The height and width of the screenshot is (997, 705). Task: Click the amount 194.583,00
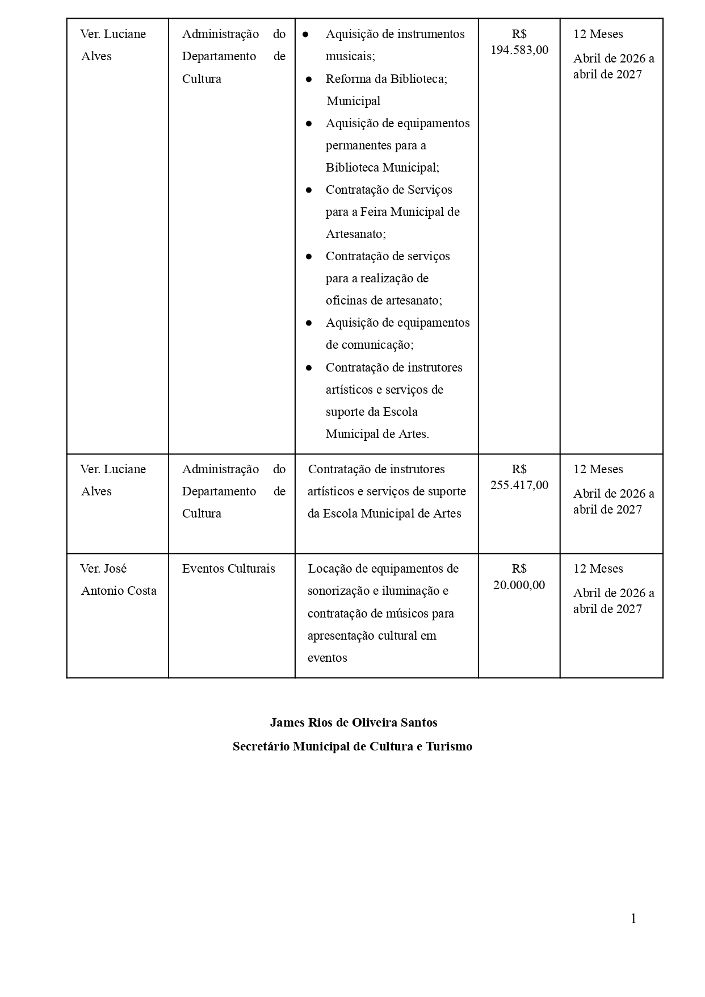point(519,50)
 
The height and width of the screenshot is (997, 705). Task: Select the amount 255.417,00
point(519,485)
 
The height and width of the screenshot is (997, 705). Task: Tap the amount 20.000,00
point(519,585)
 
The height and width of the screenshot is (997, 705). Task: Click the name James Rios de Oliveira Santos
point(353,723)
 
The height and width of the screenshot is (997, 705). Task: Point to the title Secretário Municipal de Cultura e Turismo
point(352,746)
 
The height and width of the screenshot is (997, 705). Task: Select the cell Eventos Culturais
point(228,569)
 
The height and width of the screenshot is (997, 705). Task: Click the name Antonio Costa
point(119,591)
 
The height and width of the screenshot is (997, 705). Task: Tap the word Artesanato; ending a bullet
point(355,234)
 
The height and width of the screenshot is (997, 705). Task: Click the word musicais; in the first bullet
point(350,56)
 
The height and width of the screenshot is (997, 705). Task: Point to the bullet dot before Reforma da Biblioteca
point(309,79)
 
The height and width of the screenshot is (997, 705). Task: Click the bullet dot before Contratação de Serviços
point(309,190)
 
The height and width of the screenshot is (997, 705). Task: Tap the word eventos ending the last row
point(327,658)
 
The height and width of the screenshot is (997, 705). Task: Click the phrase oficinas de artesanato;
point(383,301)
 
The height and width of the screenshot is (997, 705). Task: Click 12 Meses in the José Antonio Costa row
point(598,569)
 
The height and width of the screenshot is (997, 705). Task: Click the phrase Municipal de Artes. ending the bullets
point(377,434)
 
